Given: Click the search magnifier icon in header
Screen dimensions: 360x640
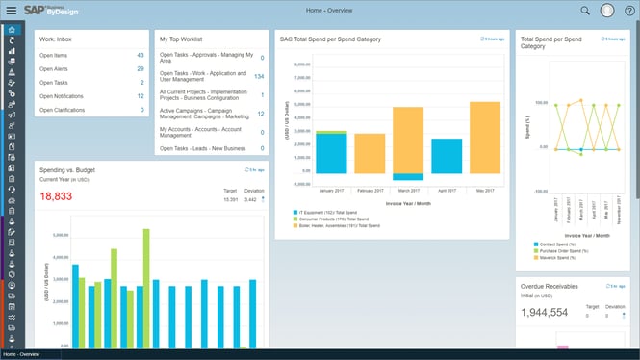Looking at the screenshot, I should click(585, 11).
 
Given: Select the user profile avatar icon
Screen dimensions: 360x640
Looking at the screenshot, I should click(607, 11).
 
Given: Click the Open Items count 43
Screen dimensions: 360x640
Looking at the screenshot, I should click(140, 56).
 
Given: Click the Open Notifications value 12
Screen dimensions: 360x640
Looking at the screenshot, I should click(140, 96).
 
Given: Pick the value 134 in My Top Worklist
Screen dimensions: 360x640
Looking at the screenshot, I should click(258, 76).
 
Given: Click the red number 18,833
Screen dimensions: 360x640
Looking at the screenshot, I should click(58, 196).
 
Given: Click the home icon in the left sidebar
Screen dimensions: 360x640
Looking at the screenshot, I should click(11, 30).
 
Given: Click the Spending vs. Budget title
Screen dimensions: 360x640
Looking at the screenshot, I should click(67, 169).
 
